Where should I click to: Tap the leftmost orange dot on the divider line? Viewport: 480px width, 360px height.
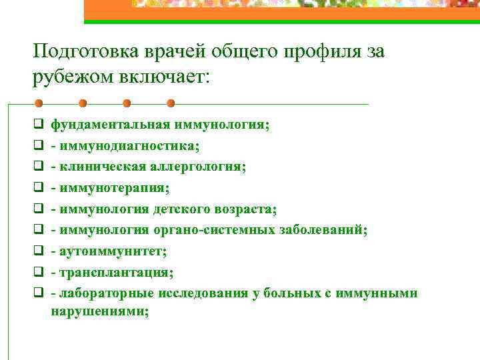click(x=39, y=104)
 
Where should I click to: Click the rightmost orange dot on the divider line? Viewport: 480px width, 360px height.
click(x=171, y=104)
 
